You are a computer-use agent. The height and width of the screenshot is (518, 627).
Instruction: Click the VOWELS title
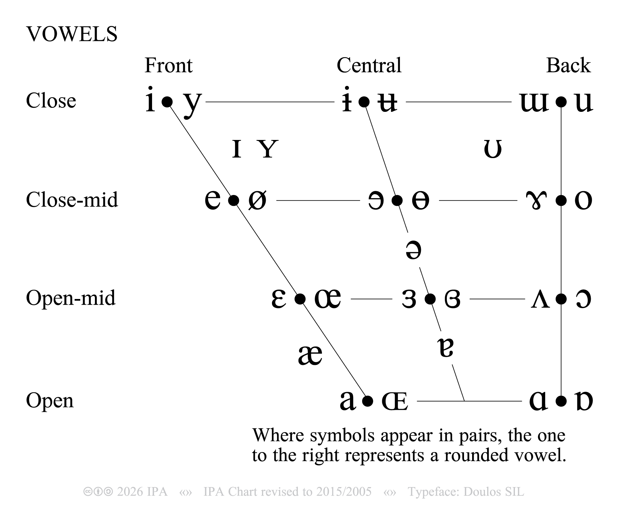tap(72, 34)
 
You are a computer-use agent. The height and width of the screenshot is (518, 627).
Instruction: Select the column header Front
tap(168, 66)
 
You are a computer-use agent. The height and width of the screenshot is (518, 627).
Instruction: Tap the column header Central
tap(369, 66)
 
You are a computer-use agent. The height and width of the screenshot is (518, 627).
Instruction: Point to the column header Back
tap(568, 66)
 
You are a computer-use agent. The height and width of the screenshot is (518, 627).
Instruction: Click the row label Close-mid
tap(72, 200)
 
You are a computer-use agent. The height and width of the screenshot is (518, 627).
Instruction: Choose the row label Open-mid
tap(71, 298)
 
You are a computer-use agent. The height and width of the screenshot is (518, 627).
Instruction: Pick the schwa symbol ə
tap(413, 250)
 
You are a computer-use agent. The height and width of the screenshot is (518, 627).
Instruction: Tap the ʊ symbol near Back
tap(493, 149)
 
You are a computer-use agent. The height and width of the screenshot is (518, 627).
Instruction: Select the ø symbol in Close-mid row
tap(257, 200)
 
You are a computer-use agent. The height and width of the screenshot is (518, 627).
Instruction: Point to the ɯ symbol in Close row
tap(534, 102)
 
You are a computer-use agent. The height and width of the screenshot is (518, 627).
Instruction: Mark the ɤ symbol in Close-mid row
tap(536, 200)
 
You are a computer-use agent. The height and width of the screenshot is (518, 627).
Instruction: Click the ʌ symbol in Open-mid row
tap(540, 299)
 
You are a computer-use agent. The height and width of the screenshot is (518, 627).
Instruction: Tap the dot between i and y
tap(167, 102)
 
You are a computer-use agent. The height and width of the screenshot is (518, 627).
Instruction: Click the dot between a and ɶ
tap(368, 401)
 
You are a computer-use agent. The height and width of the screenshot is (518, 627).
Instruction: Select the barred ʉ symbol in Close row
tap(387, 102)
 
